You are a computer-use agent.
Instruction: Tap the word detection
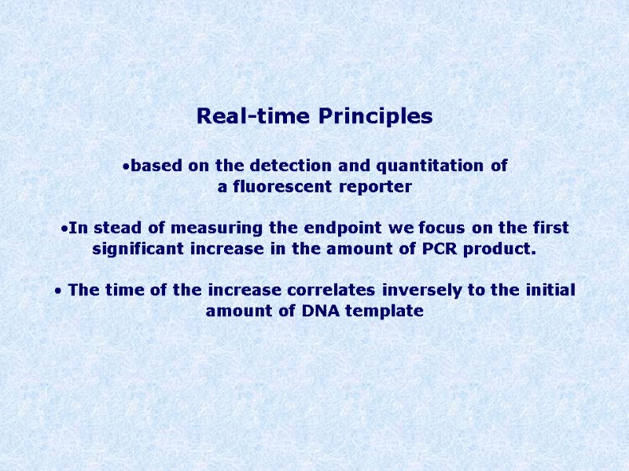[298, 166]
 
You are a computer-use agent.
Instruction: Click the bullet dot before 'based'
[126, 166]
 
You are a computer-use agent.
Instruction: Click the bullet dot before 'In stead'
[64, 228]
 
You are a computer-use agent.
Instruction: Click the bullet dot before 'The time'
[57, 290]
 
